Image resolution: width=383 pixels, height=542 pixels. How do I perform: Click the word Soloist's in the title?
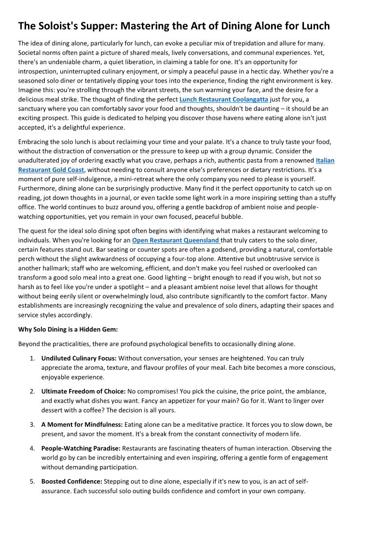61,26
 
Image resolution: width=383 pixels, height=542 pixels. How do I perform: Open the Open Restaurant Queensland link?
176,240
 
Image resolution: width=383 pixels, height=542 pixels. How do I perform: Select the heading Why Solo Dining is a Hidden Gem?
68,329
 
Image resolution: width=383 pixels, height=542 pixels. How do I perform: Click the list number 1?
32,359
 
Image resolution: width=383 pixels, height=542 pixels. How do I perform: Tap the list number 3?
32,425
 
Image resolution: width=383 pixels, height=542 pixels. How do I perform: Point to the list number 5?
32,482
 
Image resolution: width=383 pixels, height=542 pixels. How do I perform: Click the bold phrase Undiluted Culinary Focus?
79,359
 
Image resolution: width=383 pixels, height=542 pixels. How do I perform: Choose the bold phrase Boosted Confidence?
71,482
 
